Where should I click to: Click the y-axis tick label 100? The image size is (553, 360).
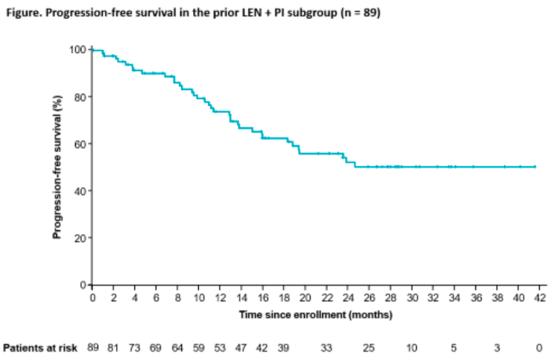click(x=78, y=49)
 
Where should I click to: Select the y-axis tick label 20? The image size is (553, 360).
click(x=80, y=239)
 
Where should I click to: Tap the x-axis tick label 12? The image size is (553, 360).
click(x=220, y=298)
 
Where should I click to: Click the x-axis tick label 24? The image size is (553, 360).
click(x=348, y=298)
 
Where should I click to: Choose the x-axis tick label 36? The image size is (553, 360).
click(x=476, y=298)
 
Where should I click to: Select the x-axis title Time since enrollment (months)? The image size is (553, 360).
click(x=315, y=315)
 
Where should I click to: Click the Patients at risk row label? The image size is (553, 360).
click(x=41, y=348)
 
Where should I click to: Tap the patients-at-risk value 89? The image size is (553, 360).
click(x=93, y=348)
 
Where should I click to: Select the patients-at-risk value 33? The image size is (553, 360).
click(x=326, y=348)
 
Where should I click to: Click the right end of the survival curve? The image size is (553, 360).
click(x=535, y=167)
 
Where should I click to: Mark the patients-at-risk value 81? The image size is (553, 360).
click(x=113, y=348)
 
